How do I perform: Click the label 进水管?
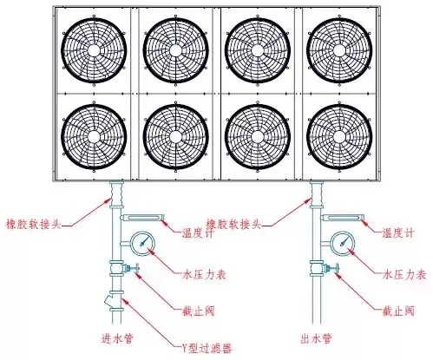117,338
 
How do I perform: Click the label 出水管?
316,338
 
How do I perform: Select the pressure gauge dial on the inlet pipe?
142,244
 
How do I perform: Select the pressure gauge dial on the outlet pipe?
343,244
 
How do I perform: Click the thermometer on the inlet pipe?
142,218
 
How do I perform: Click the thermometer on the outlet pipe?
342,218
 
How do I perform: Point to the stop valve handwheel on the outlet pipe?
337,268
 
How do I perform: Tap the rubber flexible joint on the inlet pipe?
116,194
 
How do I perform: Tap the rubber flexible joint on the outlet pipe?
317,194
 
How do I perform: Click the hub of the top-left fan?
94,50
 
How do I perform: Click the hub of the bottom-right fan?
339,137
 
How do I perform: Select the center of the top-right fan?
339,50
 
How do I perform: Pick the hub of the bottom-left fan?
94,137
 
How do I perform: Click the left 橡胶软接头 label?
34,224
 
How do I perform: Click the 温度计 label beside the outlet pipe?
398,232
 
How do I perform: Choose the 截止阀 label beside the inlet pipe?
198,311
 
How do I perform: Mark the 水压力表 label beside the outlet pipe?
404,274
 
